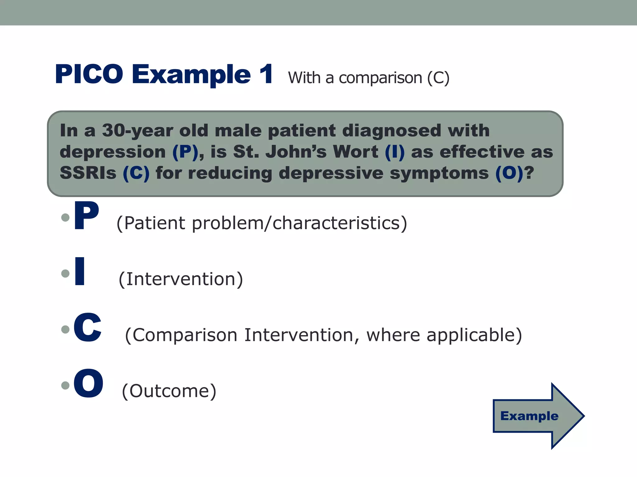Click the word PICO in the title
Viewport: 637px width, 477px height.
pyautogui.click(x=89, y=74)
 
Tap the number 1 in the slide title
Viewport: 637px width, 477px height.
pyautogui.click(x=266, y=74)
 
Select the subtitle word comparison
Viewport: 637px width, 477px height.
pyautogui.click(x=380, y=78)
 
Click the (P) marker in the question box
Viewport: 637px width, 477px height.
pyautogui.click(x=185, y=152)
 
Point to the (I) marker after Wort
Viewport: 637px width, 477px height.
pyautogui.click(x=395, y=152)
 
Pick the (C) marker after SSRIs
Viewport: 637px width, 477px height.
pyautogui.click(x=136, y=173)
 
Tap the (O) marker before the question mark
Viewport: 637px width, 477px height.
pyautogui.click(x=509, y=173)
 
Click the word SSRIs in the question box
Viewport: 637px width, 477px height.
pyautogui.click(x=88, y=173)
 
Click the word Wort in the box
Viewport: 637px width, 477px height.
pyautogui.click(x=356, y=152)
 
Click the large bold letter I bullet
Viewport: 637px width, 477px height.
pyautogui.click(x=80, y=271)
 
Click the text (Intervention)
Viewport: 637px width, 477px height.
pyautogui.click(x=181, y=279)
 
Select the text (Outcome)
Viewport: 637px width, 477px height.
pyautogui.click(x=169, y=391)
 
